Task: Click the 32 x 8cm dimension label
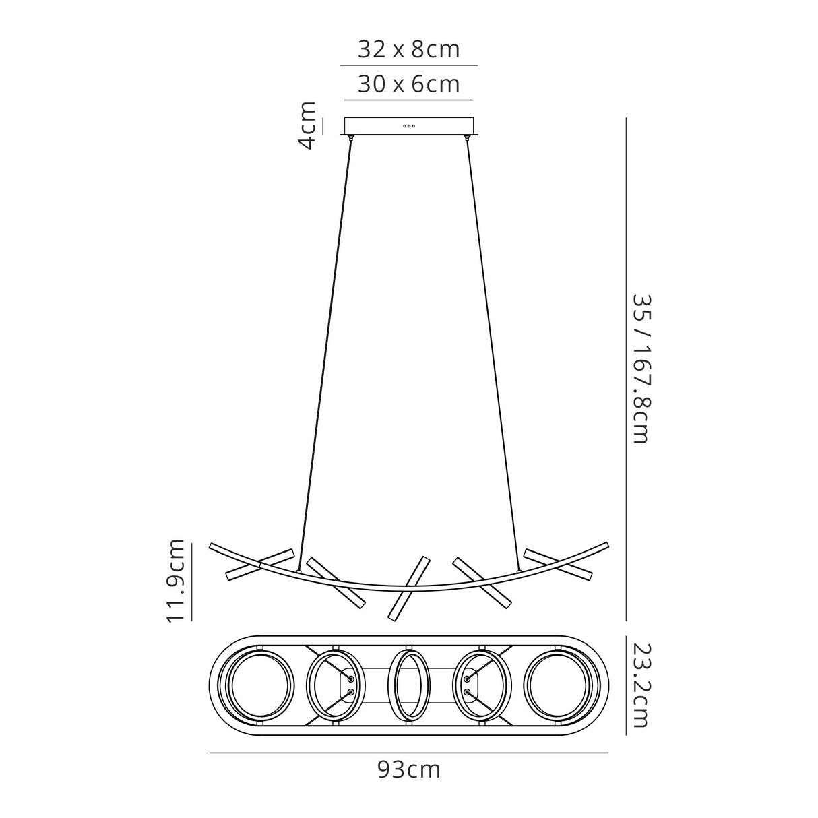click(x=408, y=49)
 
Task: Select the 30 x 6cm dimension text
click(x=408, y=84)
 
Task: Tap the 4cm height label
click(x=307, y=125)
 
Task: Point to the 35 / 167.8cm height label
click(x=639, y=368)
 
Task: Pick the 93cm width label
click(x=409, y=769)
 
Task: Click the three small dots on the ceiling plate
click(x=409, y=126)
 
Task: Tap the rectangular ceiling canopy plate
click(x=377, y=127)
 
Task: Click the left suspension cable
click(x=325, y=350)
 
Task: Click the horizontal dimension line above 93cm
click(x=409, y=752)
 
